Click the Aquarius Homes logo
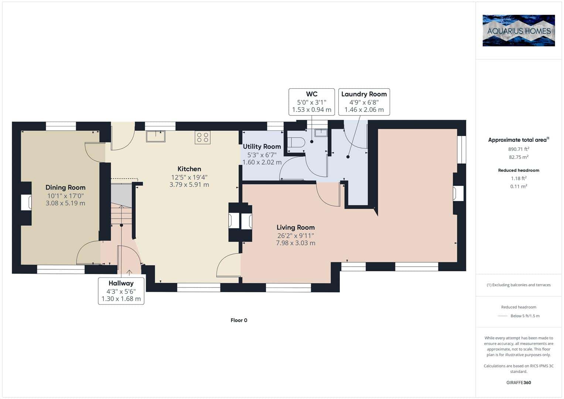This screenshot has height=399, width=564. (519, 30)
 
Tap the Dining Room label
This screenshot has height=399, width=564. (65, 187)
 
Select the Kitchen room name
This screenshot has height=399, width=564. (189, 169)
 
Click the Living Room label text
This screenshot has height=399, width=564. (295, 228)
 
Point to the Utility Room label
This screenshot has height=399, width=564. (262, 147)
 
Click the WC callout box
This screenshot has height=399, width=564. (312, 102)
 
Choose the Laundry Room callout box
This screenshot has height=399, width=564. (364, 102)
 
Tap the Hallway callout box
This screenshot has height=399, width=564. (121, 291)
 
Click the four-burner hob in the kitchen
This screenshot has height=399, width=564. (202, 137)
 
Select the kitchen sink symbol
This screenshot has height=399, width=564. (155, 136)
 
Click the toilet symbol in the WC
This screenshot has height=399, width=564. (296, 143)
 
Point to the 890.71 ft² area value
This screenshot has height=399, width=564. (519, 149)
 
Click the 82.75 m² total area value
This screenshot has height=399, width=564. (519, 157)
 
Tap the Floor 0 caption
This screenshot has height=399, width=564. (239, 320)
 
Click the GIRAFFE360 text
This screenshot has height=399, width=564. (519, 382)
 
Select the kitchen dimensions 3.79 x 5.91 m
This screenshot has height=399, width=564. (189, 184)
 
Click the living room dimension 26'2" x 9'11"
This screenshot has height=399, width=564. (295, 236)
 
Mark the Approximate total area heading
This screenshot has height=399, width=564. (519, 140)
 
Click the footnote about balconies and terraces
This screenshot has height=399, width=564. (519, 285)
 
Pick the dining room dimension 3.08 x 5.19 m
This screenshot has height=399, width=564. (65, 203)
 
